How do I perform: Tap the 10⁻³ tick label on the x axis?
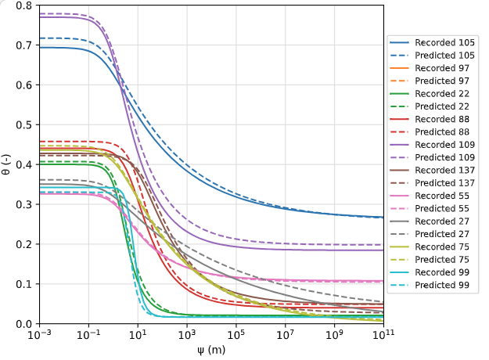38,335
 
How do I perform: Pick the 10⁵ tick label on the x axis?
236,335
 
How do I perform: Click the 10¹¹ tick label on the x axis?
383,335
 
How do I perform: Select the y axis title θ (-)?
7,164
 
